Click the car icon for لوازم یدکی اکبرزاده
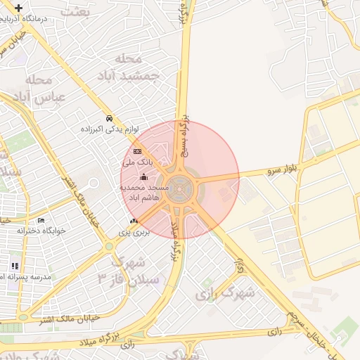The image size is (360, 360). point(109,118)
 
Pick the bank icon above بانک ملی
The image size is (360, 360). point(137,151)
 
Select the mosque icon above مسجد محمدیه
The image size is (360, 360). point(144,176)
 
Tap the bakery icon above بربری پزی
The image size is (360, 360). point(134,221)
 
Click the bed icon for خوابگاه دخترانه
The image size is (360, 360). point(40,221)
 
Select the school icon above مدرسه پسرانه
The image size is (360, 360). point(13,266)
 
